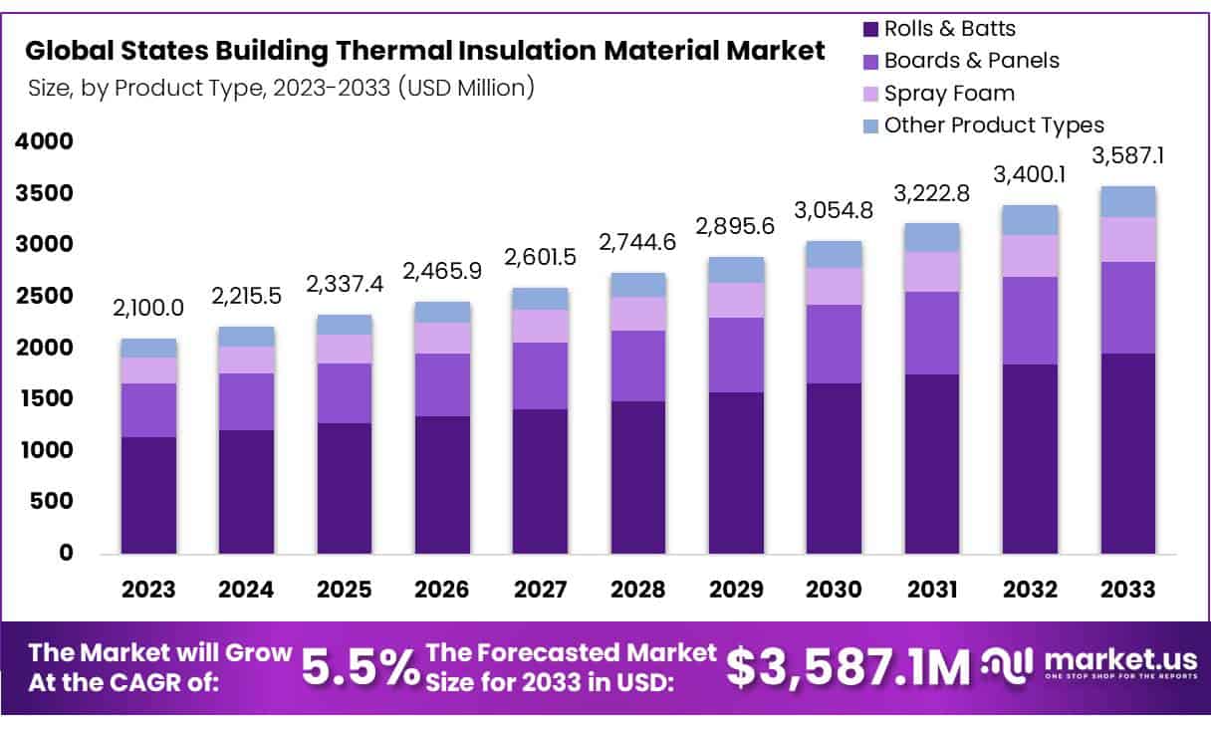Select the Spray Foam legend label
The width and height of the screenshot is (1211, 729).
pyautogui.click(x=949, y=94)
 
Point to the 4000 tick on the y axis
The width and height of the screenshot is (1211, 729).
pyautogui.click(x=44, y=141)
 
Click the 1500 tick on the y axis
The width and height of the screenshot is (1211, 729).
pyautogui.click(x=44, y=398)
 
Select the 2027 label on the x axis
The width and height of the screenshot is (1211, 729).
pyautogui.click(x=540, y=590)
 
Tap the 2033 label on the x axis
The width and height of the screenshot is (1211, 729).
pyautogui.click(x=1128, y=590)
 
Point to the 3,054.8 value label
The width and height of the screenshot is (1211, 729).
pyautogui.click(x=834, y=210)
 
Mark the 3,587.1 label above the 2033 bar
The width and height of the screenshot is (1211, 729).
pyautogui.click(x=1128, y=155)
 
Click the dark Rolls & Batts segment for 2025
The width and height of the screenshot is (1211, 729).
pyautogui.click(x=344, y=488)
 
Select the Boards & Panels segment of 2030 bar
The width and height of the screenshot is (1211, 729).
pyautogui.click(x=834, y=344)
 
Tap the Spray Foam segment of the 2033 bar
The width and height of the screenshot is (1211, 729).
pyautogui.click(x=1128, y=239)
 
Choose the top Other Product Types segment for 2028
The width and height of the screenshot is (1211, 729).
pyautogui.click(x=637, y=285)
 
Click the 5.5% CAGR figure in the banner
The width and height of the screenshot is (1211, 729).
pyautogui.click(x=360, y=668)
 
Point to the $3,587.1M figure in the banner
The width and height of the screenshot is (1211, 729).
pyautogui.click(x=848, y=668)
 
